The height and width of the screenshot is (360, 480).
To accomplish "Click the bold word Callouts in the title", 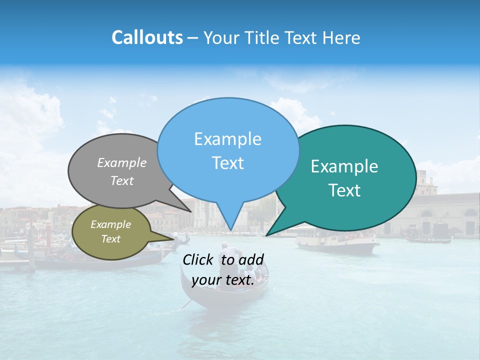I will pos(147,37).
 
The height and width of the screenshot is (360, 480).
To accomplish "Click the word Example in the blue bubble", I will pos(227,139).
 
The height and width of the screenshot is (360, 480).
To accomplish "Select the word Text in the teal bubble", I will pos(344,190).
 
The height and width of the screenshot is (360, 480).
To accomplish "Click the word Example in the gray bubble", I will pos(122,163).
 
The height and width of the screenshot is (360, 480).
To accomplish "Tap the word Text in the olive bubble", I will pos(110,239).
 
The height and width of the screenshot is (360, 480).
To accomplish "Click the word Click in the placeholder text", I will pos(199,259).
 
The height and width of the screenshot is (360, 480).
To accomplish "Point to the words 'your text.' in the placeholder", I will pos(223,280).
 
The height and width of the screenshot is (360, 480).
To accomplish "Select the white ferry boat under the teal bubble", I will pos(337,242).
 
